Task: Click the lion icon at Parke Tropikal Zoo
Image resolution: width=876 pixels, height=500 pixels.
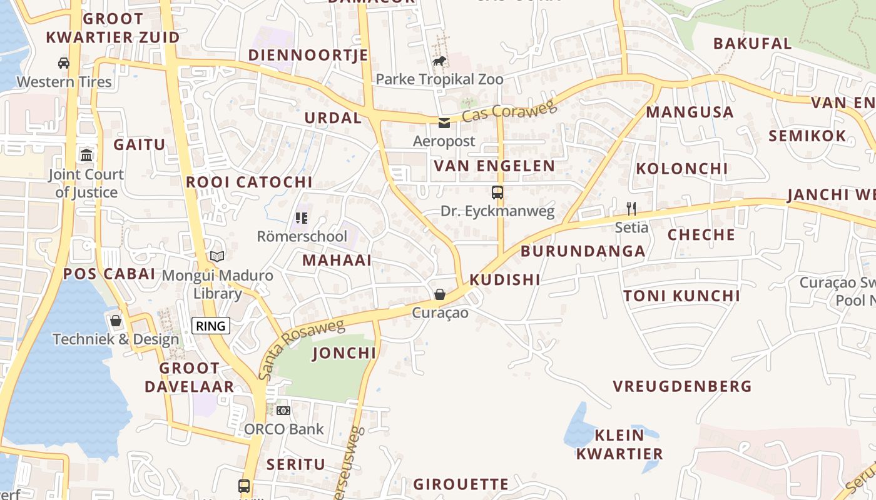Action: [x=440, y=61]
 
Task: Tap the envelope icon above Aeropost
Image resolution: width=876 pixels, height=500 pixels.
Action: [x=444, y=123]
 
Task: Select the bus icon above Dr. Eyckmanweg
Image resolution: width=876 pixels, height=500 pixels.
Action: [x=497, y=192]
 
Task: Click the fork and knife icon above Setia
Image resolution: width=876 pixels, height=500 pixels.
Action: [x=631, y=209]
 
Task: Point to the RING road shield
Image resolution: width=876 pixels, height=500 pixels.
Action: [x=211, y=326]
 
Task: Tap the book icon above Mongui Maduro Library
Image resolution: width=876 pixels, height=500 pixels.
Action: [x=217, y=256]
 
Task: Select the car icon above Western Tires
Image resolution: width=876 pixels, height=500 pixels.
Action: [x=64, y=62]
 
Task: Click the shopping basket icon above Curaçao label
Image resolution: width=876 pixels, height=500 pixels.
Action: [x=440, y=294]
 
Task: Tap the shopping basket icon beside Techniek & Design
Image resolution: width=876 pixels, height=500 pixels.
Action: [x=116, y=321]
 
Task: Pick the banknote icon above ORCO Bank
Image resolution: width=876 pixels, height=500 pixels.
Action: [x=283, y=411]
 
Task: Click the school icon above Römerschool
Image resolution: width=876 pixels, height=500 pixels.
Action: [x=302, y=218]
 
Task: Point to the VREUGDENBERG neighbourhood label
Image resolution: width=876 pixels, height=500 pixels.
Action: [x=682, y=386]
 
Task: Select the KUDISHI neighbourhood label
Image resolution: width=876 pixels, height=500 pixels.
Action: [x=504, y=279]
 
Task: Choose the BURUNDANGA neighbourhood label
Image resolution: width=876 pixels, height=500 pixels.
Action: [x=583, y=251]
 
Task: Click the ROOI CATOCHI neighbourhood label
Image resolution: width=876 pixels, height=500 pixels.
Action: [x=249, y=182]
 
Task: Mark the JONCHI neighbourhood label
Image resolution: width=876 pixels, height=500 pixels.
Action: [x=344, y=353]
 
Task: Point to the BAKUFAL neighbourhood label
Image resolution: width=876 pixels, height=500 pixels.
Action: [x=752, y=44]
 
